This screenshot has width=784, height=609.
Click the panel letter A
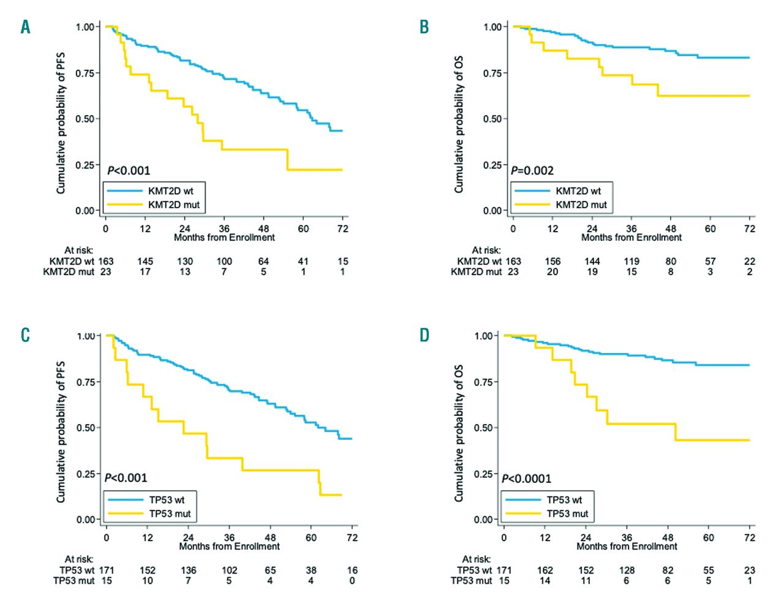pyautogui.click(x=25, y=27)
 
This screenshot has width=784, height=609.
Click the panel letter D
pyautogui.click(x=424, y=335)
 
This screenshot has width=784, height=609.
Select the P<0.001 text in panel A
pyautogui.click(x=129, y=170)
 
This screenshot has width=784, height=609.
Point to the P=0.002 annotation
pyautogui.click(x=532, y=170)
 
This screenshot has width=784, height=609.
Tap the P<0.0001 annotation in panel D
pyautogui.click(x=526, y=478)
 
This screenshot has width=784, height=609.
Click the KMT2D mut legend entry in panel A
pyautogui.click(x=173, y=205)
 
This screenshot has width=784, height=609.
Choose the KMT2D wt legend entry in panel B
pyautogui.click(x=578, y=191)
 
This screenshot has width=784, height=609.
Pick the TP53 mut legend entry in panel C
pyautogui.click(x=170, y=513)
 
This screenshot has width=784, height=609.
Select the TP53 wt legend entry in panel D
pyautogui.click(x=564, y=500)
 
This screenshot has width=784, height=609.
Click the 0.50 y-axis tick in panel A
pyautogui.click(x=85, y=119)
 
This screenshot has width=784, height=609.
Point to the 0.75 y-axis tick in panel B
pyautogui.click(x=492, y=73)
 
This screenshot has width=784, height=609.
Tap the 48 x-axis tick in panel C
pyautogui.click(x=270, y=537)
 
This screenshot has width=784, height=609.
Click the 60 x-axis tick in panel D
pyautogui.click(x=709, y=537)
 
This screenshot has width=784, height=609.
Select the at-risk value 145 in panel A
pyautogui.click(x=145, y=261)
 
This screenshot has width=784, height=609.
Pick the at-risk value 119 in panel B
pyautogui.click(x=631, y=261)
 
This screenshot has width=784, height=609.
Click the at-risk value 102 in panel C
pyautogui.click(x=229, y=570)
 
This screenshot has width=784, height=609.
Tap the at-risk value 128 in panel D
pyautogui.click(x=627, y=570)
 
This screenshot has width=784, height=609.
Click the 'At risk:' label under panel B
pyautogui.click(x=486, y=250)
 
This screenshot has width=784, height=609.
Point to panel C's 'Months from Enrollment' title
pyautogui.click(x=229, y=547)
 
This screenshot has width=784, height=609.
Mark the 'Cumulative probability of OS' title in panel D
pyautogui.click(x=459, y=433)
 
